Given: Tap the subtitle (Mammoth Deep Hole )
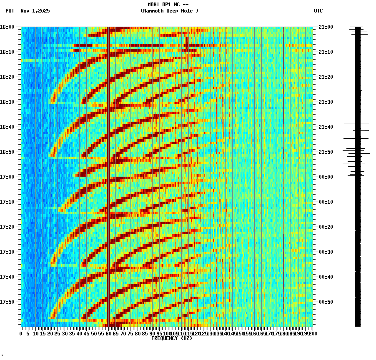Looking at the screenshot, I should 169,11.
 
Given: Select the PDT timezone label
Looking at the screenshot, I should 10,11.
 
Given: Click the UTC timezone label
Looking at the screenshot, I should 318,11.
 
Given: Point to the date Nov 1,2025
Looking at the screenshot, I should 35,11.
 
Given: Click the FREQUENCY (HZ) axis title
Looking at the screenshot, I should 171,338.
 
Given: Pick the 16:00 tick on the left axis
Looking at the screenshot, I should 8,27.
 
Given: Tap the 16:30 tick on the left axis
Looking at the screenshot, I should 8,102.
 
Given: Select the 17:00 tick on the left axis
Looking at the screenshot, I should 8,177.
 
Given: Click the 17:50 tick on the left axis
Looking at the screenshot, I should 8,302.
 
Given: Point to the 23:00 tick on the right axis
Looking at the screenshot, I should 325,27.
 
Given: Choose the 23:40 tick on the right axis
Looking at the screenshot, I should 325,127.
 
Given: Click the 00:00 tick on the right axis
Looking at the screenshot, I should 325,177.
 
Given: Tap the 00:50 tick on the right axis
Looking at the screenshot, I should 325,302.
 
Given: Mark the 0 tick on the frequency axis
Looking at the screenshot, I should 21,333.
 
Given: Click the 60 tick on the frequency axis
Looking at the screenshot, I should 109,333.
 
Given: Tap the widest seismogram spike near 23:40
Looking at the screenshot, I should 356,123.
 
